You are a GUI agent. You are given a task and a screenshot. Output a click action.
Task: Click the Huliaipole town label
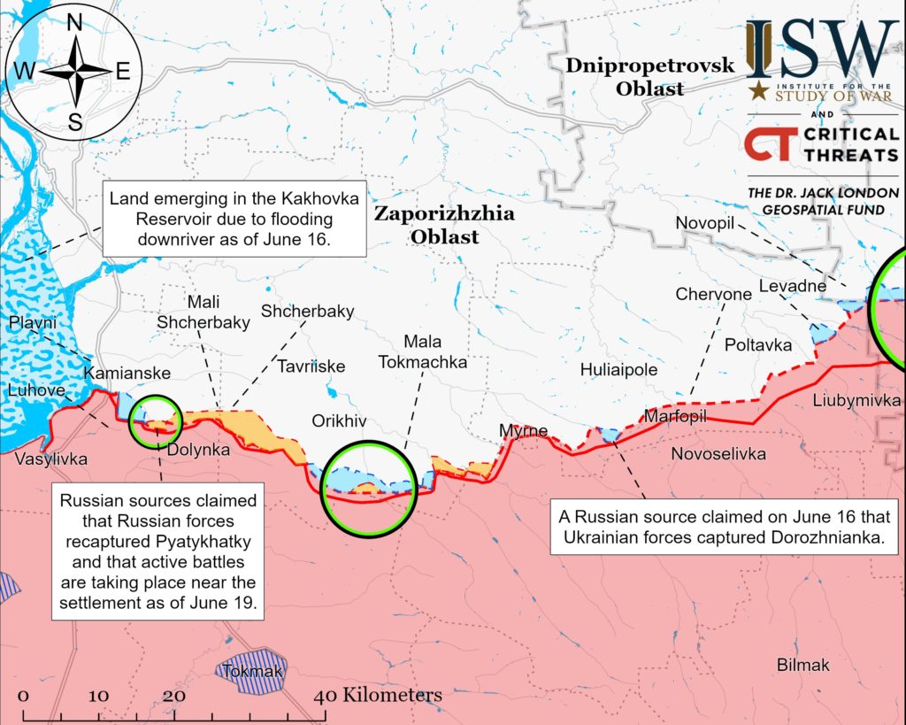[618, 370]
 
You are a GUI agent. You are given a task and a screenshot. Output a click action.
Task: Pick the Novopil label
[705, 222]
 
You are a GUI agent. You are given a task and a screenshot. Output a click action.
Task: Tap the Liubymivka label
[856, 401]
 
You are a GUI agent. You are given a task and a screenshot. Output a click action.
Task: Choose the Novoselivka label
[719, 454]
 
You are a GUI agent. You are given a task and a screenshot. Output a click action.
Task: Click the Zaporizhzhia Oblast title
[432, 225]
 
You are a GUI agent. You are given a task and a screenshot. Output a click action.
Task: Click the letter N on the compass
[75, 23]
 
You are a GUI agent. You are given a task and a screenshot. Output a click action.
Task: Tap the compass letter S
[75, 123]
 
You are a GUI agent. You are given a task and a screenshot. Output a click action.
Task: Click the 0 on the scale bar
[24, 696]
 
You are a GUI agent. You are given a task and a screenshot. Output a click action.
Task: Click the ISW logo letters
[820, 50]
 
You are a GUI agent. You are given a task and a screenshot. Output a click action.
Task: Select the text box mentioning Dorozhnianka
[719, 526]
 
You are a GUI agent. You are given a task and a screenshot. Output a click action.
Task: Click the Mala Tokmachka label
[422, 351]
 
